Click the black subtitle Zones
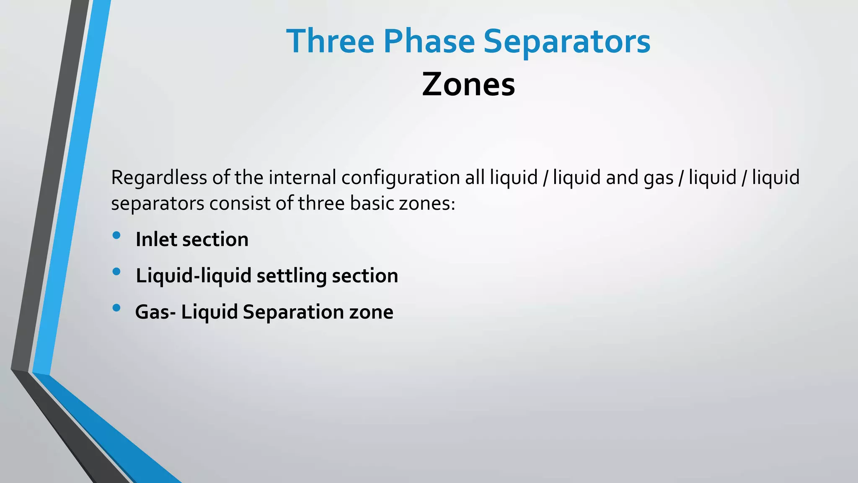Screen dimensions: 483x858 (x=468, y=84)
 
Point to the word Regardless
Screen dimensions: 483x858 (x=159, y=177)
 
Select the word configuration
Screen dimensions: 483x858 (x=401, y=178)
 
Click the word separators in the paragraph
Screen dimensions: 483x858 (x=158, y=204)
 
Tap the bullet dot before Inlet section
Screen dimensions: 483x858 (x=116, y=235)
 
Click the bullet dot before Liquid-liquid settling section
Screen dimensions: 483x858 (x=116, y=271)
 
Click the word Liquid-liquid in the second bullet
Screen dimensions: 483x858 (x=194, y=276)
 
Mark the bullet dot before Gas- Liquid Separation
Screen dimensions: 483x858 (x=116, y=308)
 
